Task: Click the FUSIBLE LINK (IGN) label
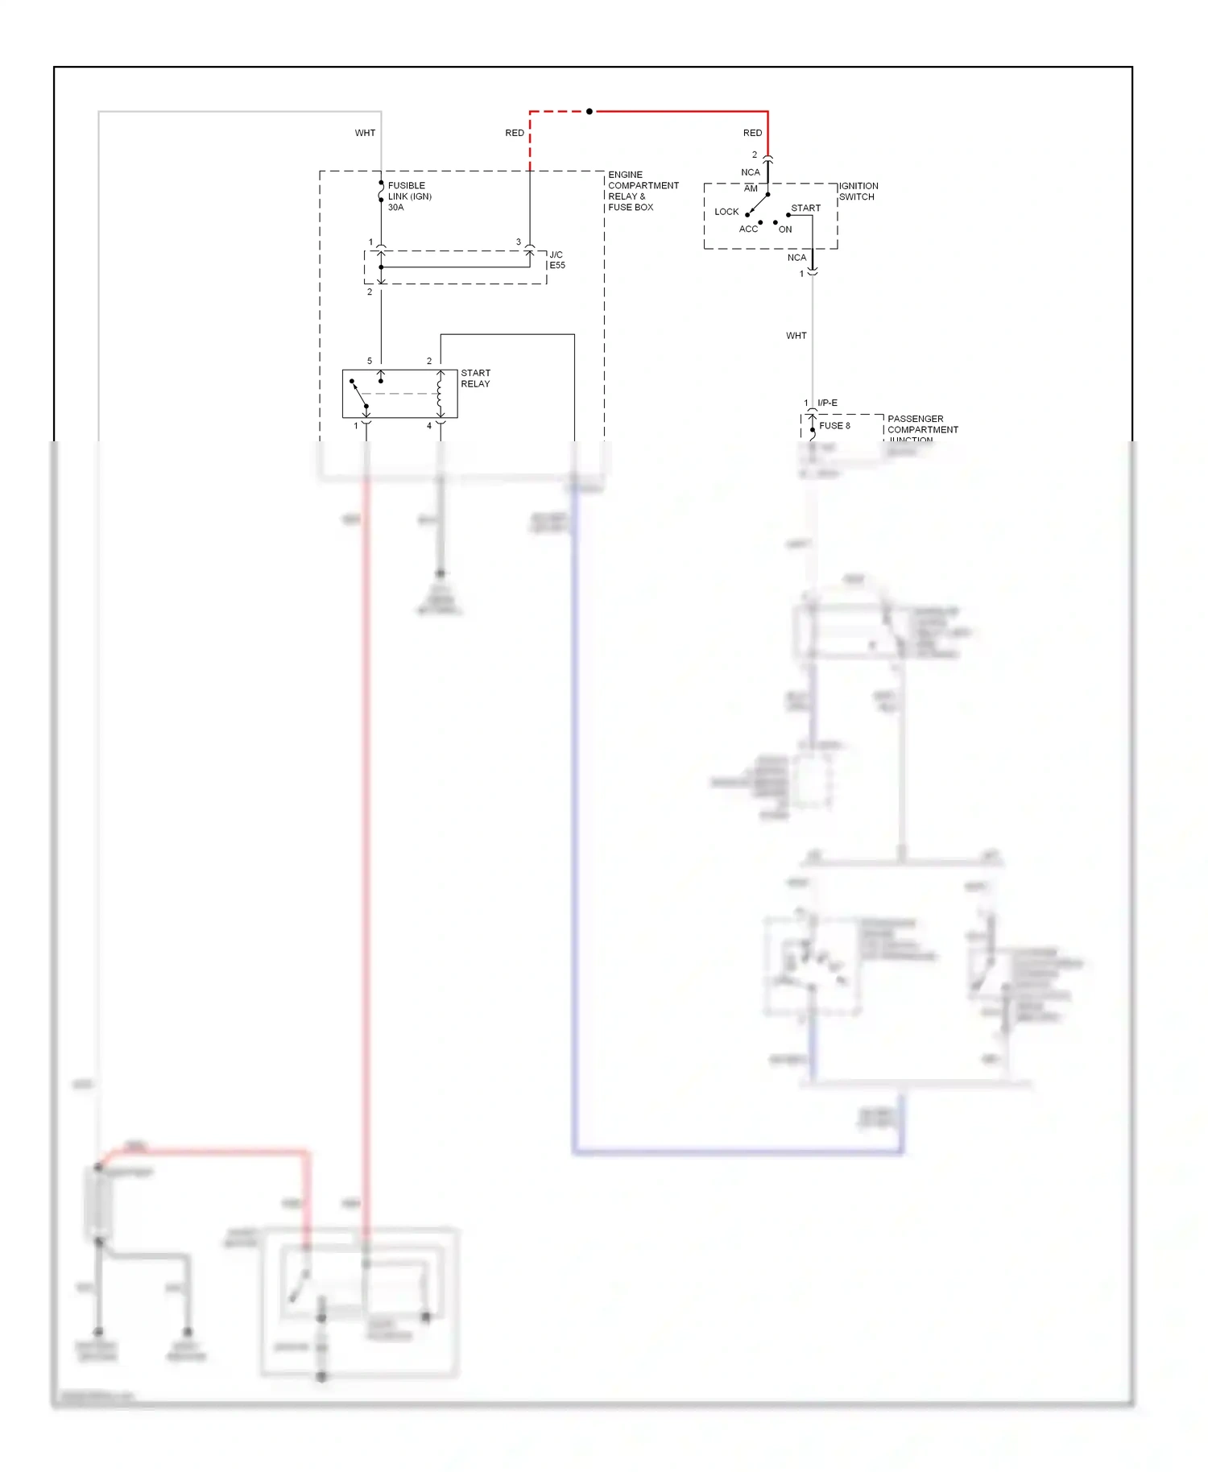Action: tap(409, 191)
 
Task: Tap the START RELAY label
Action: tap(475, 378)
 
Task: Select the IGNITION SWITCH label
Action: tap(858, 192)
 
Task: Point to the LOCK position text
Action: tap(726, 212)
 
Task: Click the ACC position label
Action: tap(748, 229)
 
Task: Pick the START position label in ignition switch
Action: tap(805, 208)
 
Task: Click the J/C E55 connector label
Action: tap(556, 260)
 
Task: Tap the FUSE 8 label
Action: tap(834, 426)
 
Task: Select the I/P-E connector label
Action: tap(827, 403)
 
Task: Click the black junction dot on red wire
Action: tap(590, 111)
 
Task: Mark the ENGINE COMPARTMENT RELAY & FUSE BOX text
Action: tap(643, 191)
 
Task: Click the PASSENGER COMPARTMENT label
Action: tap(922, 424)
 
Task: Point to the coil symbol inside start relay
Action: tap(440, 394)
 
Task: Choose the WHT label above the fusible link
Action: tap(365, 133)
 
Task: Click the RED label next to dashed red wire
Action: tap(514, 133)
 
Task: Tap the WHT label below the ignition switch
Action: tap(796, 336)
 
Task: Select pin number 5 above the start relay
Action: tap(370, 361)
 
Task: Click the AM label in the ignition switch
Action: tap(751, 188)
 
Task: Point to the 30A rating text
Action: tap(395, 208)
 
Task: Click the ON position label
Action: tap(784, 229)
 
